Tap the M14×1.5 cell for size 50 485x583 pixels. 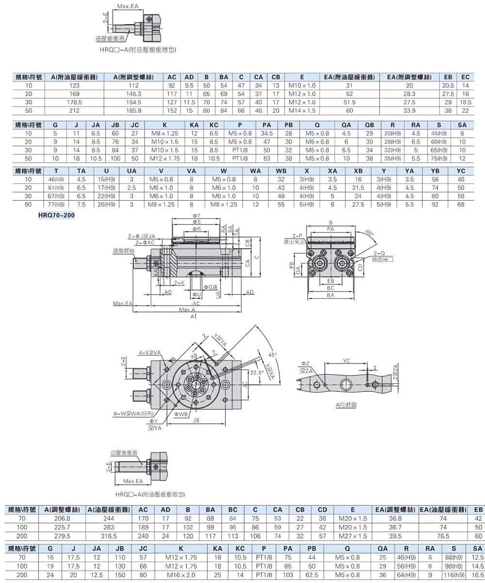tap(302, 110)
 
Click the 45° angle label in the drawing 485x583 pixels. tap(272, 354)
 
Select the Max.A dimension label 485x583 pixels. tap(187, 309)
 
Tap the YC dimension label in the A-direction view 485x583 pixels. tap(346, 361)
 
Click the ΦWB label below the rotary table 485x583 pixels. tap(182, 413)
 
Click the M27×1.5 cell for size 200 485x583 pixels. tap(353, 536)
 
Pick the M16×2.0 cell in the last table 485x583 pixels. tap(181, 574)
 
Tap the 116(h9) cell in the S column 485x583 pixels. tap(454, 574)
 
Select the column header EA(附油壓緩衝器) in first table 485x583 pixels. tap(350, 77)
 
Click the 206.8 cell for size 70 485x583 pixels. tap(61, 518)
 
